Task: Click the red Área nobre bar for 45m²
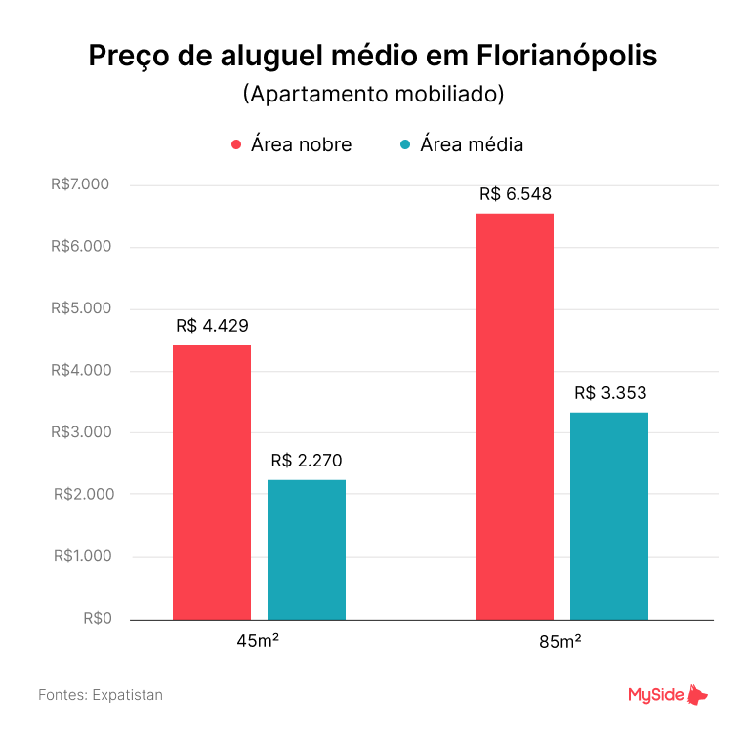212,482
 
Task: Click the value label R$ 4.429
213,326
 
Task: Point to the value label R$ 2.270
307,461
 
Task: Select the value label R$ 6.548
516,194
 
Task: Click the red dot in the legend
235,145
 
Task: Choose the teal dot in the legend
404,145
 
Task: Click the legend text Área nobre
301,144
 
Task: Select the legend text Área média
472,144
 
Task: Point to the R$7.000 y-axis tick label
81,184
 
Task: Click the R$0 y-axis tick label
97,618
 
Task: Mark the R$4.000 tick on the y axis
81,371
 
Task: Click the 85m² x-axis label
560,642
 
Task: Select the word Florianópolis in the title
567,56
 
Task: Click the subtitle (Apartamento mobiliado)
373,96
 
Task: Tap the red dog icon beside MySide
697,694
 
